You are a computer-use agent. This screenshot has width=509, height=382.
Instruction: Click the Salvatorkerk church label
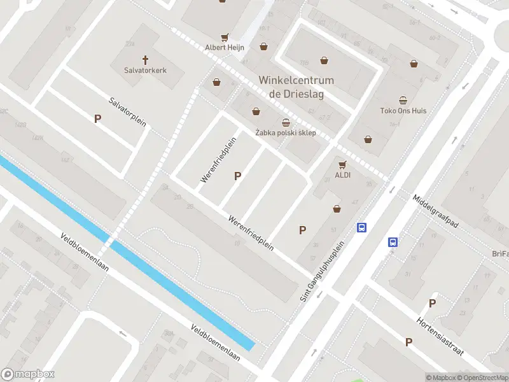[145, 71]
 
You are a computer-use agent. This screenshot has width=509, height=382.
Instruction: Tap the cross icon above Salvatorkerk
[145, 60]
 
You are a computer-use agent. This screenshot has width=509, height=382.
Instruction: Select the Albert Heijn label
[224, 48]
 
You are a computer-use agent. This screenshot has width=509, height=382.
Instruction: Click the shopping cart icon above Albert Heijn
[224, 38]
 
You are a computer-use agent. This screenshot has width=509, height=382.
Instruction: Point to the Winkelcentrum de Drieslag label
[296, 87]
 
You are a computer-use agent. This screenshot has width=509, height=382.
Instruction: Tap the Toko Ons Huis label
[403, 111]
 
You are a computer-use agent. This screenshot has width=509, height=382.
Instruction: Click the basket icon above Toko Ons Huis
[403, 100]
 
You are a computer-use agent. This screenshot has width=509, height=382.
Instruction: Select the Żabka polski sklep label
[285, 133]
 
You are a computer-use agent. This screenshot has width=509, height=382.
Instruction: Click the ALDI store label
[343, 174]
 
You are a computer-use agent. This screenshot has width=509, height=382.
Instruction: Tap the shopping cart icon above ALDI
[343, 164]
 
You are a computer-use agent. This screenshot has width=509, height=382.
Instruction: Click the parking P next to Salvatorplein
[97, 118]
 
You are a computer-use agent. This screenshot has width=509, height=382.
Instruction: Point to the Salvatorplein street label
[127, 112]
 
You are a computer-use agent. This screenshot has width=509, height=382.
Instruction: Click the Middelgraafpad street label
[435, 211]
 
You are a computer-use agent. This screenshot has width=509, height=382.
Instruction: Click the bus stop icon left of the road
[361, 228]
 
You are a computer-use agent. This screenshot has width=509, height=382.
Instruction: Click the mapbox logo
[28, 374]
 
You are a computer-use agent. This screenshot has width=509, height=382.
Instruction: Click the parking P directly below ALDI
[303, 230]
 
